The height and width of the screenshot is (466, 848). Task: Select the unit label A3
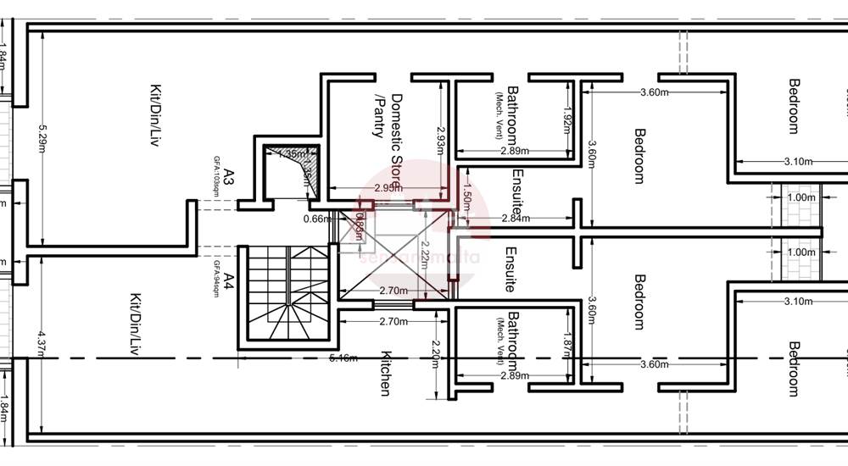click(x=229, y=180)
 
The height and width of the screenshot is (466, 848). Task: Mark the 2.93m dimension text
click(x=440, y=139)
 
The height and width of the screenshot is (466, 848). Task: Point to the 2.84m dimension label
click(x=516, y=219)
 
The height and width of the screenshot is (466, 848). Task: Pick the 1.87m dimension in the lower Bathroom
click(x=567, y=342)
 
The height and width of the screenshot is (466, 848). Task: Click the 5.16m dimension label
click(x=343, y=358)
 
